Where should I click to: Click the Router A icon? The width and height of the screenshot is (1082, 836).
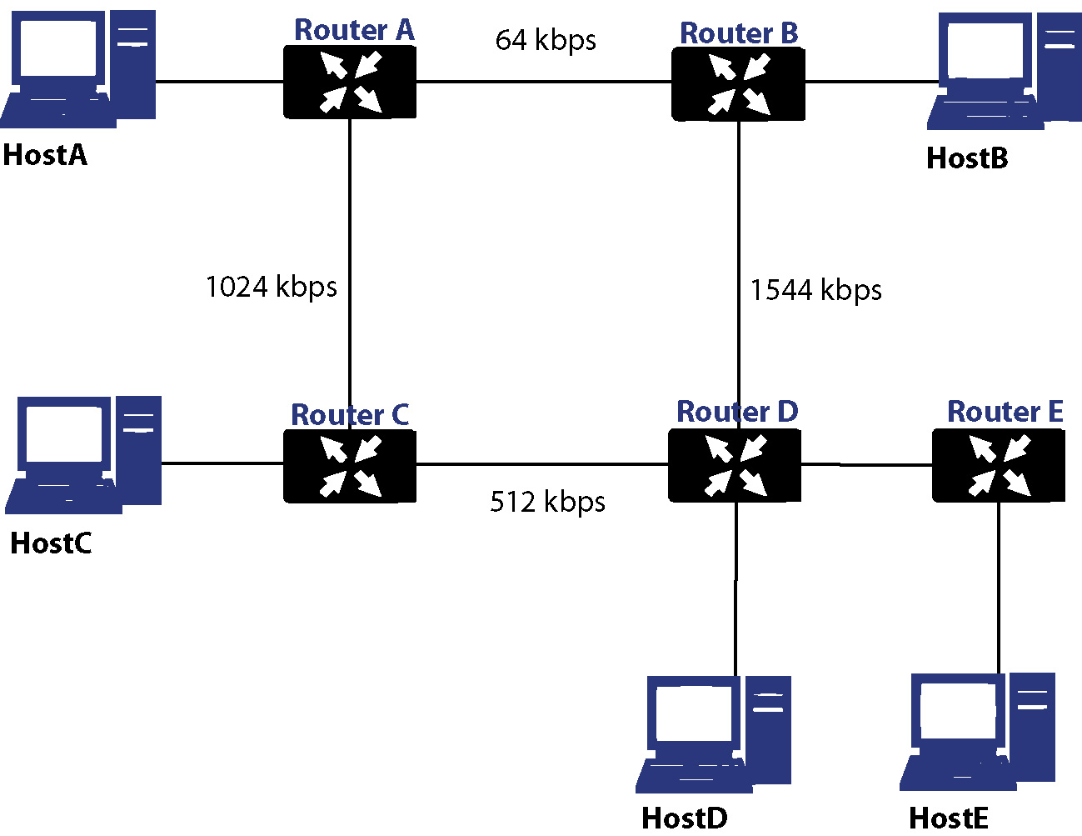coord(350,83)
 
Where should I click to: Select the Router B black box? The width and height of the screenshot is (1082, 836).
coord(738,84)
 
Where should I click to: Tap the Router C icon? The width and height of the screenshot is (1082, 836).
coord(350,466)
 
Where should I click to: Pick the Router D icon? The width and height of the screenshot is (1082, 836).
coord(735,465)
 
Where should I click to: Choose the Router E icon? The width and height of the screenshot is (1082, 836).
coord(999,465)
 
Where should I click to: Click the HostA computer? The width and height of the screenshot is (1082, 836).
coord(78,69)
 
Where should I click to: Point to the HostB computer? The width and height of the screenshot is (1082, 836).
coord(1005,71)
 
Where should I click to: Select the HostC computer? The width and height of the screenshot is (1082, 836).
coord(83,455)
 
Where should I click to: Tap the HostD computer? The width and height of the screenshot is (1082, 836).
coord(714,734)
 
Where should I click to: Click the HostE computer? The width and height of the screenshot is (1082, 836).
coord(977,732)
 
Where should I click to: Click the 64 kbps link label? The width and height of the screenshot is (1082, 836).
coord(546,40)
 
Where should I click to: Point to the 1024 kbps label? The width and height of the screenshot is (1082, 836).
coord(272,288)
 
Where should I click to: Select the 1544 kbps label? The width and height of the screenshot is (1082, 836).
coord(815,290)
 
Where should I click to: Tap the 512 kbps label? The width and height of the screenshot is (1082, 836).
coord(548,502)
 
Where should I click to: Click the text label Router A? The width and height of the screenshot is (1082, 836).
coord(354,30)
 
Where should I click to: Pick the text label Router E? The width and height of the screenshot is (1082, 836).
coord(1005,412)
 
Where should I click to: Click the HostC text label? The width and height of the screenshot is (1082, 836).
coord(52,543)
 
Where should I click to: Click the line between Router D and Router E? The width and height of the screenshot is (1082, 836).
coord(866,465)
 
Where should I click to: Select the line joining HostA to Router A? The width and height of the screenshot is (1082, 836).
coord(220,81)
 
